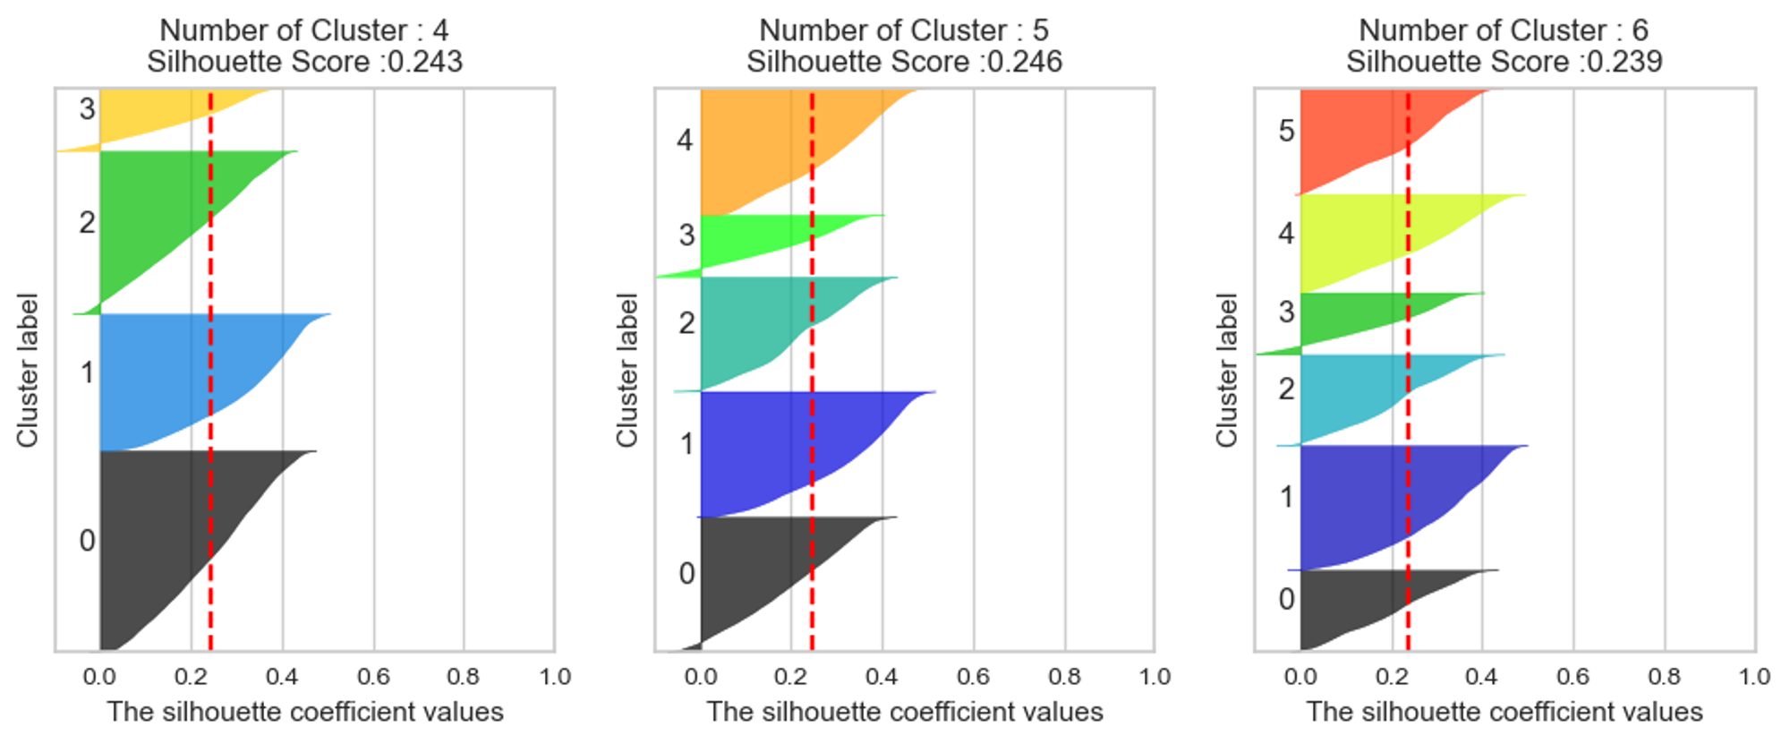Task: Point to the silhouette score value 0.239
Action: (1626, 62)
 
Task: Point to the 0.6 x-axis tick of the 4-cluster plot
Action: (373, 677)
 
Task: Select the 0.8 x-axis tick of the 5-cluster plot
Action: (1064, 677)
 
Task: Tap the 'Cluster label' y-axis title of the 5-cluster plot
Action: (626, 370)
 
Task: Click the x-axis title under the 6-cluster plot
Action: (1504, 713)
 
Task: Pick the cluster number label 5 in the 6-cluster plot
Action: (1286, 132)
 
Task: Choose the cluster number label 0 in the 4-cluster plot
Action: (87, 541)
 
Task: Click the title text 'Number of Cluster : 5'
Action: (904, 30)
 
